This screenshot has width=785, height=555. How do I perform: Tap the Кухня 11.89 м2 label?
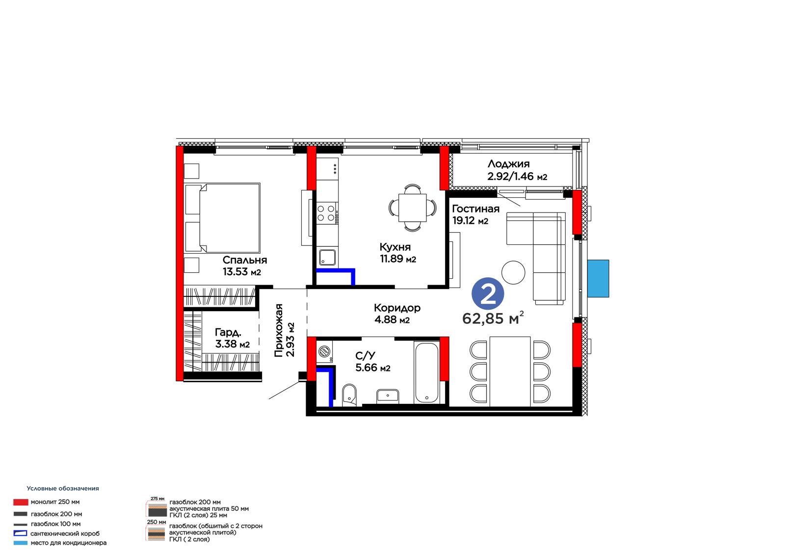tap(398, 253)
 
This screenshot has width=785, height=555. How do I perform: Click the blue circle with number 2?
tap(488, 294)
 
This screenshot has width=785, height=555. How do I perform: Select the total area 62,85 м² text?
tap(493, 318)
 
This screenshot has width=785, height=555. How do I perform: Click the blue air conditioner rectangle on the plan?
tap(598, 278)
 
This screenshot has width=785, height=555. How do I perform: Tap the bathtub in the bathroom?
tap(426, 372)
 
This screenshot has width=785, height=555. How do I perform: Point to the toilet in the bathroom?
tap(349, 395)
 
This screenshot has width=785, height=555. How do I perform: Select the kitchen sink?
tap(327, 257)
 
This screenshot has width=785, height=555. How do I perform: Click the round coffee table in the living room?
tap(513, 272)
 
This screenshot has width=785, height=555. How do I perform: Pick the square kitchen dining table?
tap(413, 208)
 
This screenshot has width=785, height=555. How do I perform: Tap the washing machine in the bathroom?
tap(324, 351)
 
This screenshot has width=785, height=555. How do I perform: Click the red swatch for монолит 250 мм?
tap(21, 502)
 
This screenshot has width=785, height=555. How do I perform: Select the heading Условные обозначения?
tap(63, 488)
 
